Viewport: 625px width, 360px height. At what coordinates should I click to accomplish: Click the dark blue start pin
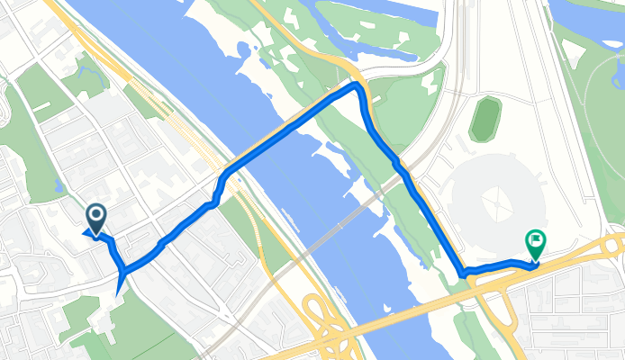95,215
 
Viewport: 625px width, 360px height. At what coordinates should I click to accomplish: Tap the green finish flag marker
536,240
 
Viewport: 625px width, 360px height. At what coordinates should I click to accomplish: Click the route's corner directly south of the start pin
122,271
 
